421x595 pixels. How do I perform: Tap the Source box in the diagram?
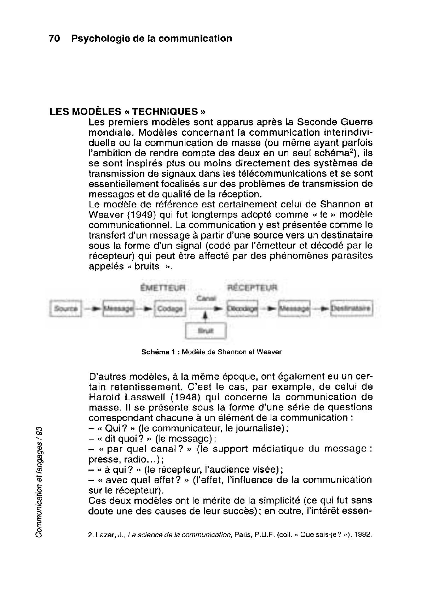66,308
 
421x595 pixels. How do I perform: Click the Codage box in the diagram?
170,309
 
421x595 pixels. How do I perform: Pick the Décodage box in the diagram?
242,309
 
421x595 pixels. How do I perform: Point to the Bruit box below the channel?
206,331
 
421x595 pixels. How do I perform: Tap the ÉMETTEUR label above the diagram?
163,288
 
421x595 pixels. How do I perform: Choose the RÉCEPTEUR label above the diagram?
252,288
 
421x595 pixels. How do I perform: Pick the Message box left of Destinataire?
294,309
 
